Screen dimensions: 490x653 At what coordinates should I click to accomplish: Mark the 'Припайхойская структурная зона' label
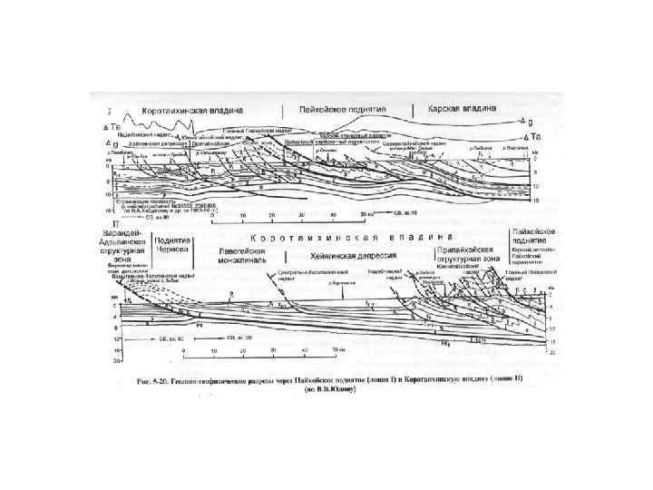[x=463, y=252]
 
